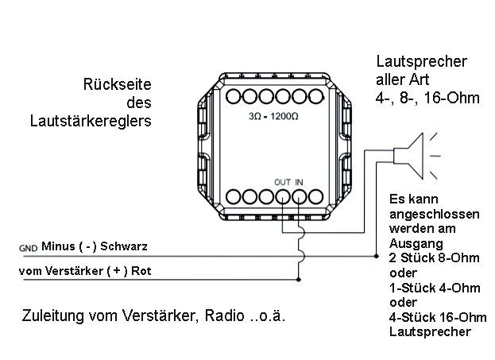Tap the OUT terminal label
coord(282,182)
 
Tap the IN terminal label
coord(300,182)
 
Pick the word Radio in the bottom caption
coord(222,316)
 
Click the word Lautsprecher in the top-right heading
coord(420,62)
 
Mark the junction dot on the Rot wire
coord(298,280)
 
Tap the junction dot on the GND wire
coord(376,256)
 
